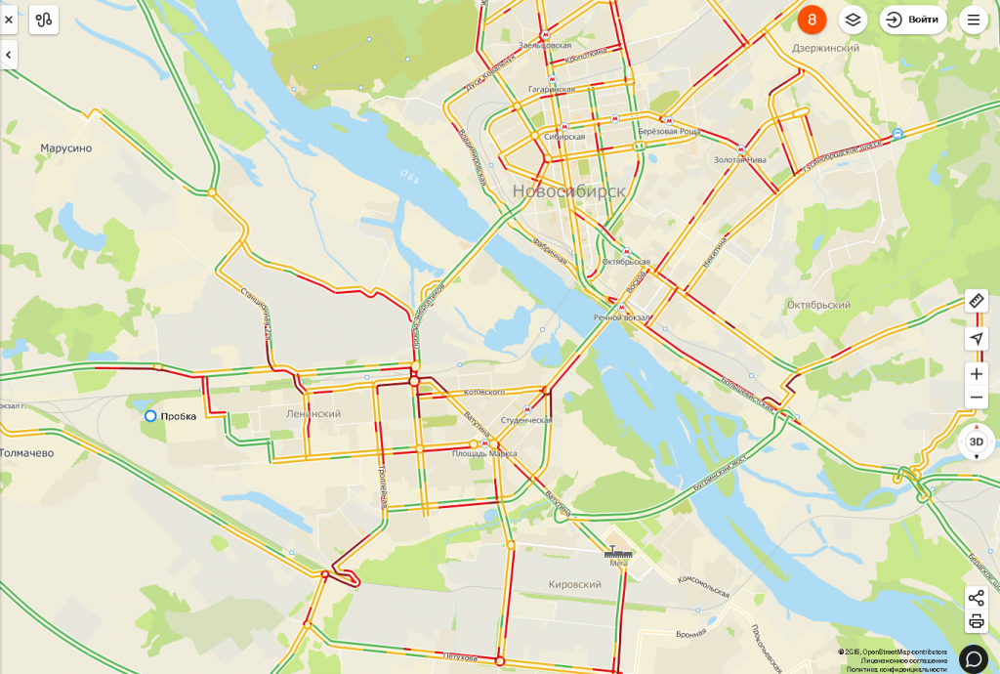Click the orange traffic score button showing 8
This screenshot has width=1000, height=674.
[x=812, y=20]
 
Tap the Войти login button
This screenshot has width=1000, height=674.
[x=913, y=20]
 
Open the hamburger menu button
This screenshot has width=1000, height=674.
[x=973, y=20]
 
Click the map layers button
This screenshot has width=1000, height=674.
[x=853, y=20]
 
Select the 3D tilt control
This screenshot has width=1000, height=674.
[x=976, y=442]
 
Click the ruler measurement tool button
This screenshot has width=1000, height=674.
[x=976, y=301]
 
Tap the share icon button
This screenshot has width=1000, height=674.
[x=976, y=598]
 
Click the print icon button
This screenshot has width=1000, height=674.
[x=976, y=621]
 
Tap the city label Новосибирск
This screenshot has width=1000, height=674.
[x=568, y=191]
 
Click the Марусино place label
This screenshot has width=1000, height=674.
[x=66, y=148]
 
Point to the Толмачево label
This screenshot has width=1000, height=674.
[x=26, y=453]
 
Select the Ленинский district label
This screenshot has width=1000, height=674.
[x=313, y=414]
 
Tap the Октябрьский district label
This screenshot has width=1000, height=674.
[x=818, y=305]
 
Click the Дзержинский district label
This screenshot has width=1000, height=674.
[x=825, y=48]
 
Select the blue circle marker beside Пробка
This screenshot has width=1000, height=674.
[x=150, y=416]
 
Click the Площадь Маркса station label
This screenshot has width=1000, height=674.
[x=484, y=453]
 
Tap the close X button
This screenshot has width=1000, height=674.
[x=9, y=20]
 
